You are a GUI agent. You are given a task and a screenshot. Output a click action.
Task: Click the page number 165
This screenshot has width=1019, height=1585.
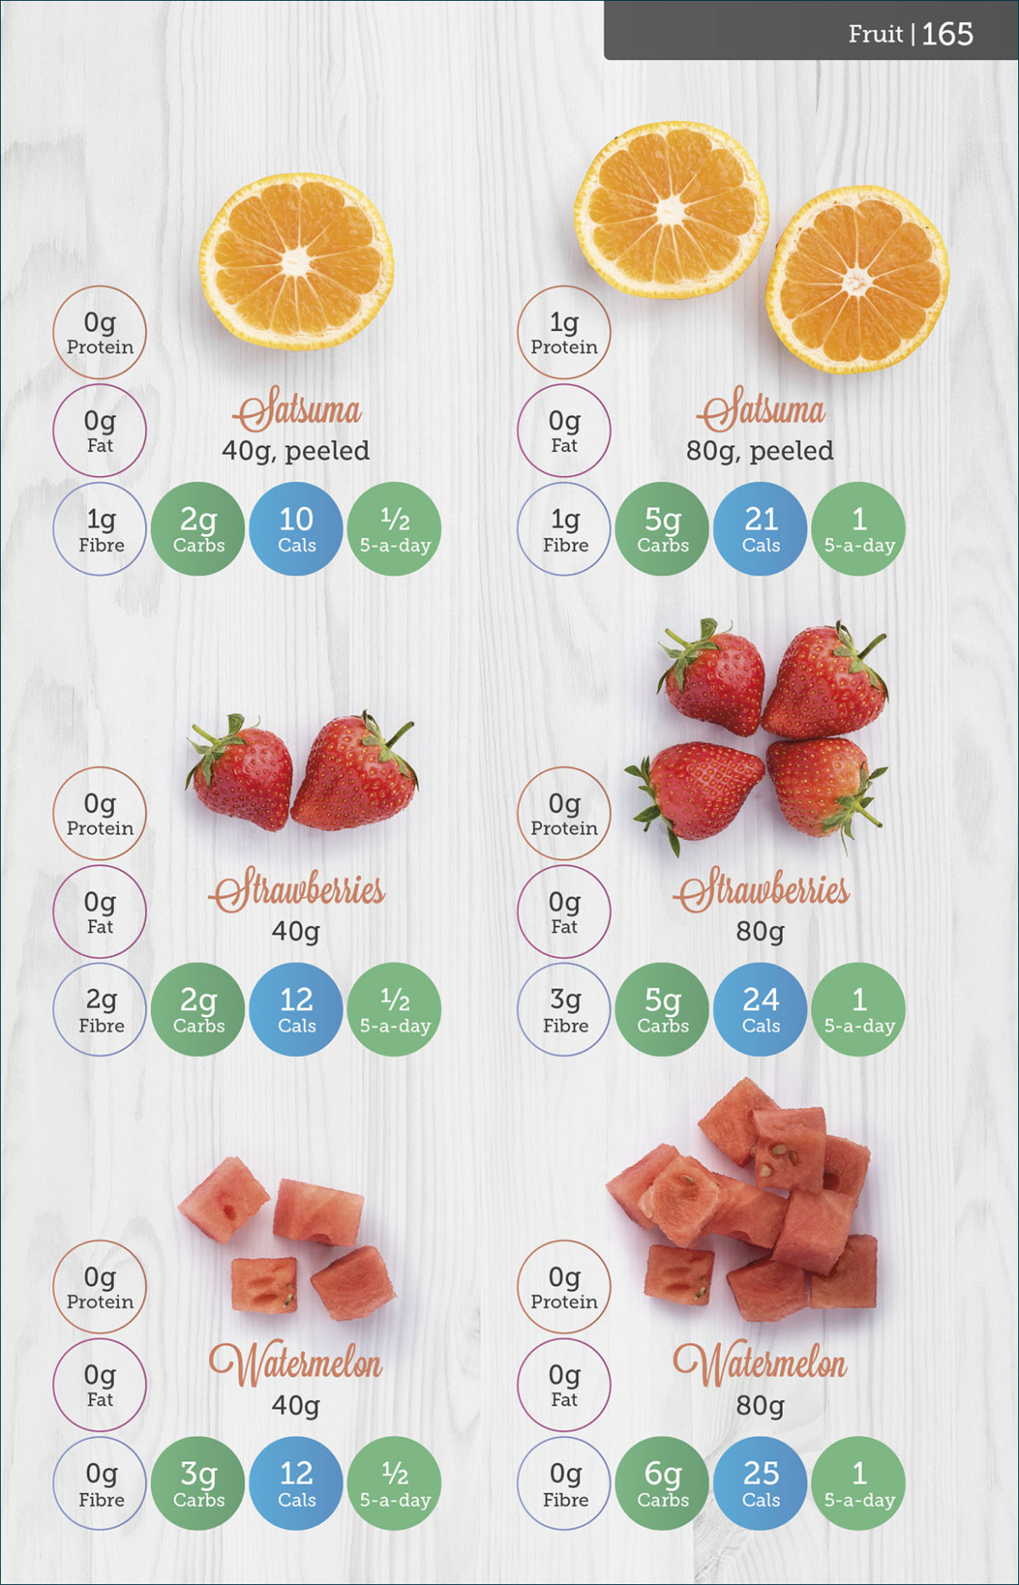(x=947, y=34)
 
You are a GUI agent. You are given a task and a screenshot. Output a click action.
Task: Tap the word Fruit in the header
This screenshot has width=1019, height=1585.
(x=875, y=34)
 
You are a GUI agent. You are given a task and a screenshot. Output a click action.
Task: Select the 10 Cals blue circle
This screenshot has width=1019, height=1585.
(x=296, y=529)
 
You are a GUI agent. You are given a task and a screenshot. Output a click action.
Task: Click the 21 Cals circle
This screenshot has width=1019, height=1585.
(x=761, y=529)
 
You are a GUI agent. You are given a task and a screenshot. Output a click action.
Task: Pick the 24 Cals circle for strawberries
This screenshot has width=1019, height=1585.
(x=761, y=1009)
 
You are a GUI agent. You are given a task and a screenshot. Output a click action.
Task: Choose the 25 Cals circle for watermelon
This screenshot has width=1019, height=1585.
(x=761, y=1483)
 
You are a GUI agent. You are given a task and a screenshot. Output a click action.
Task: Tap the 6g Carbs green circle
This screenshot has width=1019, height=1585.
(x=663, y=1483)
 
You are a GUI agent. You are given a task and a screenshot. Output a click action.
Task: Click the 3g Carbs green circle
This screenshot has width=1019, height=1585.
(x=199, y=1483)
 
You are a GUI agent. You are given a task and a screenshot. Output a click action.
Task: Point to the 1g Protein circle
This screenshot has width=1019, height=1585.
(x=565, y=332)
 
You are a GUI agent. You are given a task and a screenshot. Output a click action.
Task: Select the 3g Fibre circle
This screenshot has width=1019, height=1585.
(x=565, y=1009)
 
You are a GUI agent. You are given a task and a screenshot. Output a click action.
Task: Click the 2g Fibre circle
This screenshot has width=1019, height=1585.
(x=100, y=1009)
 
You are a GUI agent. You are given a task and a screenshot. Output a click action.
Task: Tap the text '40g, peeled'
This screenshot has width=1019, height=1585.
(x=296, y=451)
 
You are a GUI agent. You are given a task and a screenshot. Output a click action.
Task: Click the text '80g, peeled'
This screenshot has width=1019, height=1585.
(x=760, y=451)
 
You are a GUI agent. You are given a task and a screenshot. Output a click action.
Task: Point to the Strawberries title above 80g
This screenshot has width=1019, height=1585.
(x=762, y=891)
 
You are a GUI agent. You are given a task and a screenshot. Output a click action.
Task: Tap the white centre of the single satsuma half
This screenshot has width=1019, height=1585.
(x=296, y=261)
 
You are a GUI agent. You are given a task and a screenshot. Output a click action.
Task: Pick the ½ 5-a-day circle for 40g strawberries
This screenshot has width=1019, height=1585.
(x=395, y=1009)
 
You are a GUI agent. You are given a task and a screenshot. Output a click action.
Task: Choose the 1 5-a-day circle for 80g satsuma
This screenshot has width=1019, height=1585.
(x=859, y=529)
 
